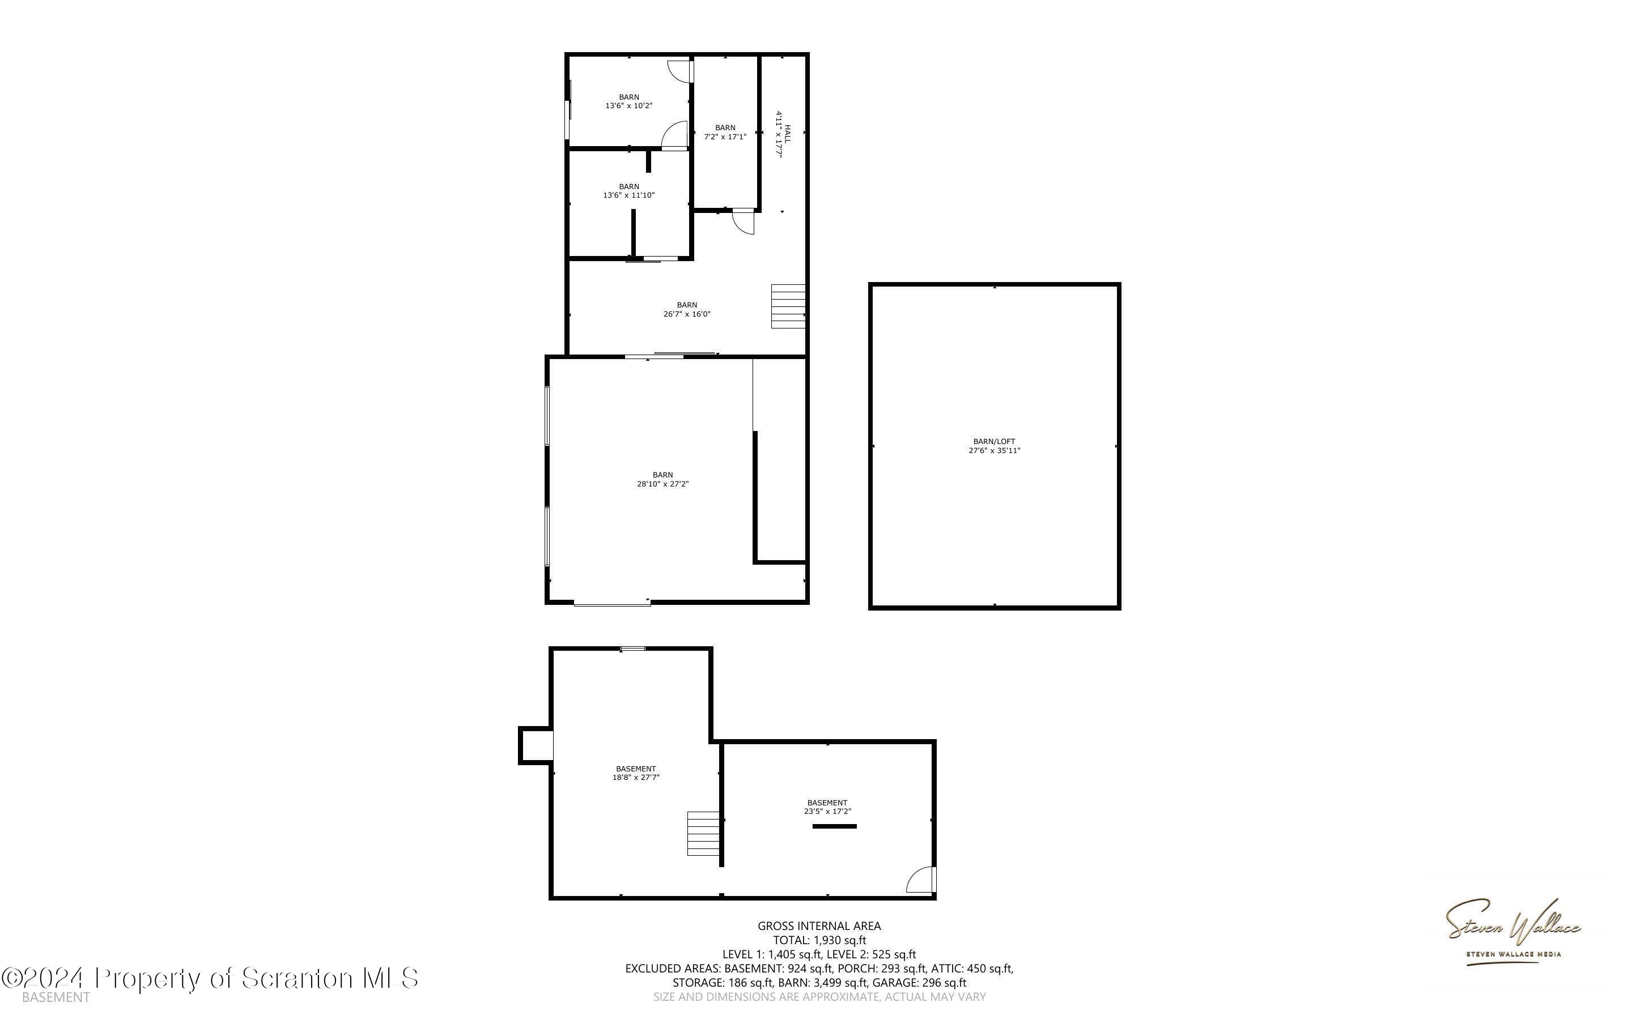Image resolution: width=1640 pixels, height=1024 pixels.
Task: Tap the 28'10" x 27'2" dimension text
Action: (x=662, y=484)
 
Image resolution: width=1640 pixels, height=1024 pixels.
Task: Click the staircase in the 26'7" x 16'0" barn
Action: (x=788, y=306)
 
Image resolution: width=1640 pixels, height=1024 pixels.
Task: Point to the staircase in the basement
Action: (x=703, y=834)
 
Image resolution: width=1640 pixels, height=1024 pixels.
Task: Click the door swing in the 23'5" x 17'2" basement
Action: (x=921, y=879)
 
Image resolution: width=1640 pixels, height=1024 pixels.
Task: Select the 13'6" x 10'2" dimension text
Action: (x=628, y=106)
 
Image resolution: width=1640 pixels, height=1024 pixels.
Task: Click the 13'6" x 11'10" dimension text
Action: (x=628, y=195)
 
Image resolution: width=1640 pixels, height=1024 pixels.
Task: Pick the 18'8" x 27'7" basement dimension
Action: (x=635, y=778)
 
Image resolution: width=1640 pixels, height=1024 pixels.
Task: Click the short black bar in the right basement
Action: (x=835, y=826)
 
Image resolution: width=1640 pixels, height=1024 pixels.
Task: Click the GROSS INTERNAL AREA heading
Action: (x=819, y=926)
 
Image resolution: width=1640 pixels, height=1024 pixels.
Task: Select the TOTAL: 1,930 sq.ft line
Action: (x=819, y=940)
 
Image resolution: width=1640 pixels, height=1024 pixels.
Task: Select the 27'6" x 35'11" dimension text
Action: (x=994, y=450)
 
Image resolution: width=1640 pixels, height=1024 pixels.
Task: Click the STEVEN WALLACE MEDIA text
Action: (x=1513, y=954)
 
